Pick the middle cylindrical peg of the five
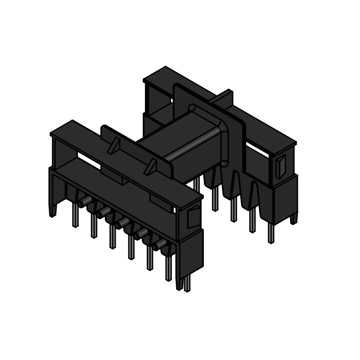coord(121,223)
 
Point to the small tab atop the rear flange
coord(225,95)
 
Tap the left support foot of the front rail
coord(53,209)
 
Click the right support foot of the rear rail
coord(294,218)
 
